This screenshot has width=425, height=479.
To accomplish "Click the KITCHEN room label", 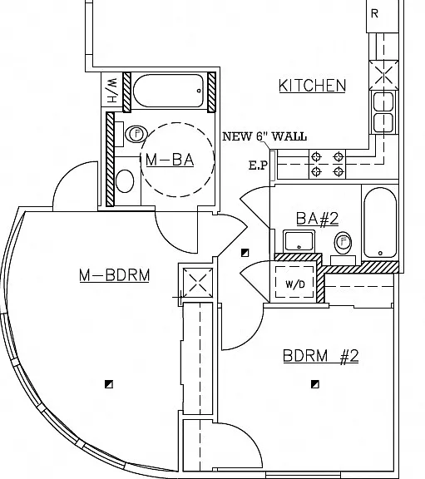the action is (312, 85).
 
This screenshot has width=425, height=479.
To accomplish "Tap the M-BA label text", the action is (170, 160).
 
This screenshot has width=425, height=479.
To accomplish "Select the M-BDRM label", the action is (115, 275).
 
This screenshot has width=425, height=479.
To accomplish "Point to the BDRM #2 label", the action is (321, 356).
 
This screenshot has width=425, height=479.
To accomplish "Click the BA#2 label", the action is (318, 219).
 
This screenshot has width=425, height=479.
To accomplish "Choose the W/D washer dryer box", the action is (295, 282).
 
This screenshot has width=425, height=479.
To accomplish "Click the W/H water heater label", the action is (112, 90).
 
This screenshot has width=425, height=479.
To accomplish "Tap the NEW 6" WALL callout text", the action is (264, 136).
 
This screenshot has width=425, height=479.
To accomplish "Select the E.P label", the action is (259, 165).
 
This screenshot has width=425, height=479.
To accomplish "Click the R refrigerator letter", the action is (374, 14).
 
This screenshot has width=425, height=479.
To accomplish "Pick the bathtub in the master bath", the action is (169, 91).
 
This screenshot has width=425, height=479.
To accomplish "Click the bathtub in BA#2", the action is (380, 223).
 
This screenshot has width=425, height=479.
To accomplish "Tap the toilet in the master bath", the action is (125, 180).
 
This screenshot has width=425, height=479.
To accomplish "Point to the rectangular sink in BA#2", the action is (299, 241).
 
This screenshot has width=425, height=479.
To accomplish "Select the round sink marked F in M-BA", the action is (136, 134).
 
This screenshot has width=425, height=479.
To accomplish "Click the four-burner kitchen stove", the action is (327, 164).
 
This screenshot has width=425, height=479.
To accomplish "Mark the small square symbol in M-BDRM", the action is (109, 384).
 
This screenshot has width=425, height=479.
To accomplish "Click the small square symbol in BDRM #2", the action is (315, 384).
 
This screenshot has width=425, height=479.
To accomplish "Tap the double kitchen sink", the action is (383, 112).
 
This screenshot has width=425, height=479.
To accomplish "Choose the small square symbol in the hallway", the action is (245, 253).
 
